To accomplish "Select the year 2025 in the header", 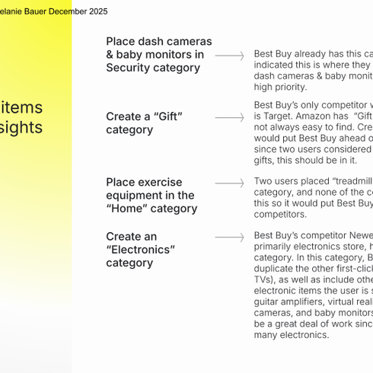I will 97,11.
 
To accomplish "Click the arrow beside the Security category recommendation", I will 229,56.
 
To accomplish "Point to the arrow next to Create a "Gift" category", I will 229,118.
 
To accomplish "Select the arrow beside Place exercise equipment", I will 229,183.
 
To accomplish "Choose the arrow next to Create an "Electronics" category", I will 229,238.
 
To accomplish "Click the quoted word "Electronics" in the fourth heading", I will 140,250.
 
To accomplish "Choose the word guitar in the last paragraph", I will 269,301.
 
